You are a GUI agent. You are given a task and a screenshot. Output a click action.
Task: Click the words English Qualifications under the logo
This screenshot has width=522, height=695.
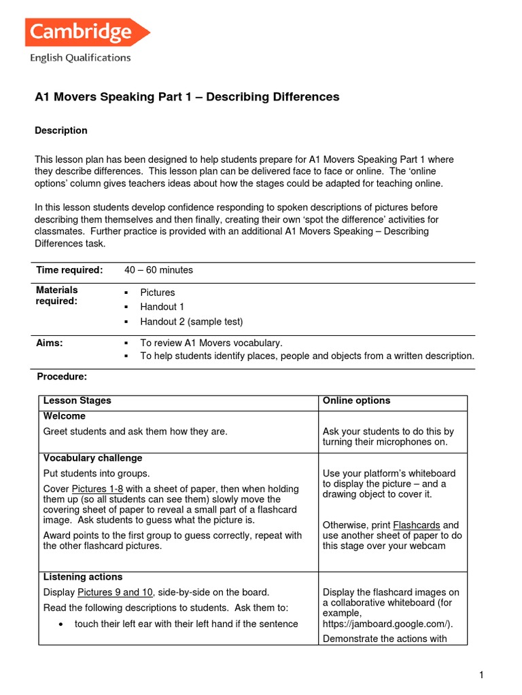pyautogui.click(x=80, y=58)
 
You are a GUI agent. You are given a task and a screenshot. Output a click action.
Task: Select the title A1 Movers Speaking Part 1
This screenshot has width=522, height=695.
pyautogui.click(x=187, y=97)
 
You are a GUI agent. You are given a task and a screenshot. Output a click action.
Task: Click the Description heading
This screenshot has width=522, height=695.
pyautogui.click(x=61, y=130)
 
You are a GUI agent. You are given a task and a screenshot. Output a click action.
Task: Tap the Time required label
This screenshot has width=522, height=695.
pyautogui.click(x=69, y=270)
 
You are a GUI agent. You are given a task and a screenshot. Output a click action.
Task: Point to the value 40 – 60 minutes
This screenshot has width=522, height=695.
pyautogui.click(x=158, y=270)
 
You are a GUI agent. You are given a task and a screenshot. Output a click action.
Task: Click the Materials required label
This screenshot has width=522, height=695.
pyautogui.click(x=56, y=295)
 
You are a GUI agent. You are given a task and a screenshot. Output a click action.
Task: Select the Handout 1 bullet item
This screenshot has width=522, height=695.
pyautogui.click(x=162, y=307)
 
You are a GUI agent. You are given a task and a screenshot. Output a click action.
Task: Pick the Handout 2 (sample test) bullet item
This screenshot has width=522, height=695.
pyautogui.click(x=191, y=322)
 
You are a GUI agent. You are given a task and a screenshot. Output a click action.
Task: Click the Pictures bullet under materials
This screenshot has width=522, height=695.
pyautogui.click(x=157, y=293)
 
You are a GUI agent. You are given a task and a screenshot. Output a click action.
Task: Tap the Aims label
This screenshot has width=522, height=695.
pyautogui.click(x=49, y=343)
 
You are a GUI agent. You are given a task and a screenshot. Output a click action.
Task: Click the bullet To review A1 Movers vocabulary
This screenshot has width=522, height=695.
pyautogui.click(x=211, y=343)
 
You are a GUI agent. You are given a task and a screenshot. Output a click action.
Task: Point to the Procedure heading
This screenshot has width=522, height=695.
pyautogui.click(x=61, y=377)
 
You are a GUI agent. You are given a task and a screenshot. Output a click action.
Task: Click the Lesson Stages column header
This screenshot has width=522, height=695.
pyautogui.click(x=77, y=401)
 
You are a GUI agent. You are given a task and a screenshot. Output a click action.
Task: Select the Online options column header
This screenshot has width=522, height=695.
pyautogui.click(x=356, y=401)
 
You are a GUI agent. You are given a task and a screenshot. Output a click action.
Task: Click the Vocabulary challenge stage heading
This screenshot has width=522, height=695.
pyautogui.click(x=92, y=458)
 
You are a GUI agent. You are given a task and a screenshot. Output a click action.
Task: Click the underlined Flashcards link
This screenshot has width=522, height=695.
pyautogui.click(x=416, y=525)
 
